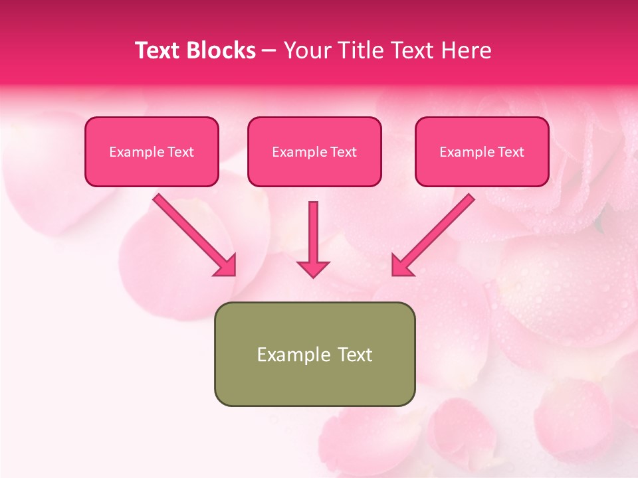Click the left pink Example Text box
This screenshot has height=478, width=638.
tap(152, 151)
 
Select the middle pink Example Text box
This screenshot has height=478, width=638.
tap(314, 151)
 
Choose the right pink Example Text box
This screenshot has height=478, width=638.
tap(482, 151)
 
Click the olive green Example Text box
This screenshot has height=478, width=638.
tap(314, 354)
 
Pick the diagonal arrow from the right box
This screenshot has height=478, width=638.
tap(439, 229)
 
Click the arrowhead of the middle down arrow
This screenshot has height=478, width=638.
tap(313, 268)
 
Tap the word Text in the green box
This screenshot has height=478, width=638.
tap(354, 355)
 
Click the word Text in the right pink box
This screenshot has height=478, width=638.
tap(510, 152)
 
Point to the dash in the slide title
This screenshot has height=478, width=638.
tap(270, 51)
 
